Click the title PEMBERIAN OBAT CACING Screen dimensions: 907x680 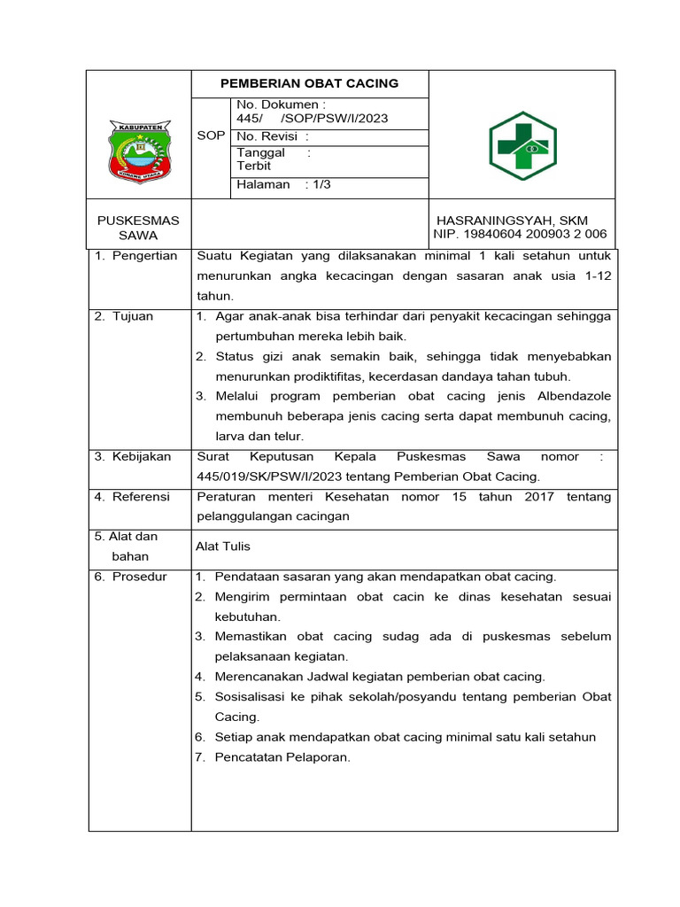[309, 83]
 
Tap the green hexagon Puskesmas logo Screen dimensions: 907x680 [522, 146]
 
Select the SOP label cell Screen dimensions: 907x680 [211, 136]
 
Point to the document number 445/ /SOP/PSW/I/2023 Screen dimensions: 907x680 [312, 119]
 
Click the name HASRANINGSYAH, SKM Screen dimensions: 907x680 [512, 220]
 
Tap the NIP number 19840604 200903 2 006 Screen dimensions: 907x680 [520, 234]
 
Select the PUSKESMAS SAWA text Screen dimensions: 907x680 [138, 228]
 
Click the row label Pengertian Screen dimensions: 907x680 [144, 256]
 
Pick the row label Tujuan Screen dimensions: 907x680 [132, 316]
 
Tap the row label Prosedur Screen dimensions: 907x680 [139, 577]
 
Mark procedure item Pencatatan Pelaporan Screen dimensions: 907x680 [282, 757]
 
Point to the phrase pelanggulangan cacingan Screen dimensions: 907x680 [273, 516]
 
